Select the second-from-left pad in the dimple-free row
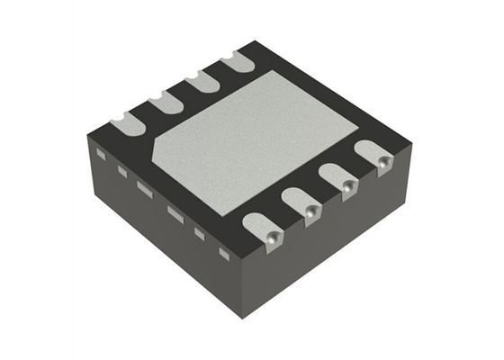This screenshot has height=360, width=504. pos(165,101)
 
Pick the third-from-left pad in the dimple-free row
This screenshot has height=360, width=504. pos(202,83)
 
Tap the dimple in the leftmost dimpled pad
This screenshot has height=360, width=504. pos(271,235)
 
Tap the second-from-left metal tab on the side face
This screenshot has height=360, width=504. pos(121,171)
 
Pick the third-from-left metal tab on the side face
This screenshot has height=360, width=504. pos(144,187)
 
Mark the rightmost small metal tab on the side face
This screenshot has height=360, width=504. pos(225,255)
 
